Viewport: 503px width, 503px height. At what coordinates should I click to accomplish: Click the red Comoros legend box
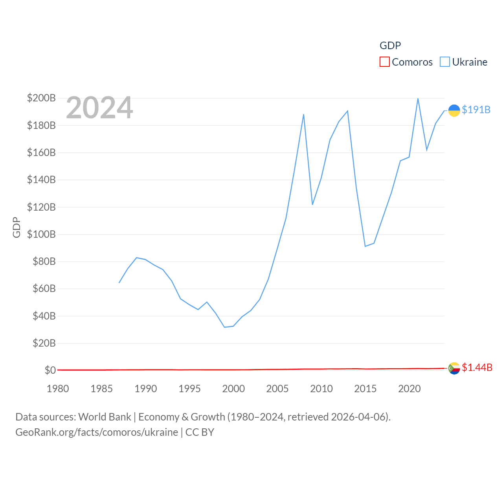(x=384, y=62)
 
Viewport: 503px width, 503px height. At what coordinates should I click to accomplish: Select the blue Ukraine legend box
(x=444, y=62)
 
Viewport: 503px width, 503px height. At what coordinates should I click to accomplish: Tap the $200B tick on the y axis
(x=41, y=98)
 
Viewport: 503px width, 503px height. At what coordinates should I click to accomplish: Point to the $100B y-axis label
(x=41, y=234)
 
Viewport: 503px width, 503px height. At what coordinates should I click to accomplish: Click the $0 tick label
(x=50, y=370)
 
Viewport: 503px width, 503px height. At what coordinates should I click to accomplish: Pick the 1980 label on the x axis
(x=58, y=389)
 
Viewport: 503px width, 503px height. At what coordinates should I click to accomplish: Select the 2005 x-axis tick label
(x=277, y=389)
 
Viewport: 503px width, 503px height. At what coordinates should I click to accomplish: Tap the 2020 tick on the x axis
(x=409, y=389)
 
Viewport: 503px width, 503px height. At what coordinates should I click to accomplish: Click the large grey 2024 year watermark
(x=99, y=108)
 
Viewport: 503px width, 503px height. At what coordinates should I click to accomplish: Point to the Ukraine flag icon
(x=454, y=110)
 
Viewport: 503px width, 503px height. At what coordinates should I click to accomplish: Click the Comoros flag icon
(x=454, y=368)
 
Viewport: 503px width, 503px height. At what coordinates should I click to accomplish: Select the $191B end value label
(x=476, y=110)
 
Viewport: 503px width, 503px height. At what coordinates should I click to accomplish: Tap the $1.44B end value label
(x=477, y=367)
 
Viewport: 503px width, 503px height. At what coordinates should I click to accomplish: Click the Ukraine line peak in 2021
(x=418, y=99)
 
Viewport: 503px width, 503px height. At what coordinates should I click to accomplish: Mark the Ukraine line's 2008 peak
(x=303, y=115)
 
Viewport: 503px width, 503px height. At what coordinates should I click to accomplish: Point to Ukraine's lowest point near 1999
(x=224, y=327)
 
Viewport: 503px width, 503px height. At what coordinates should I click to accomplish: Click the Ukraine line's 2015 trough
(x=365, y=246)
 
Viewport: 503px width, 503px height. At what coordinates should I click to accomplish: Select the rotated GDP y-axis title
(x=17, y=227)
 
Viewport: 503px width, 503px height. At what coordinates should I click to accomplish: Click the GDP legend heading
(x=390, y=46)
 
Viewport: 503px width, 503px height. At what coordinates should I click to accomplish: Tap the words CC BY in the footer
(x=200, y=432)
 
